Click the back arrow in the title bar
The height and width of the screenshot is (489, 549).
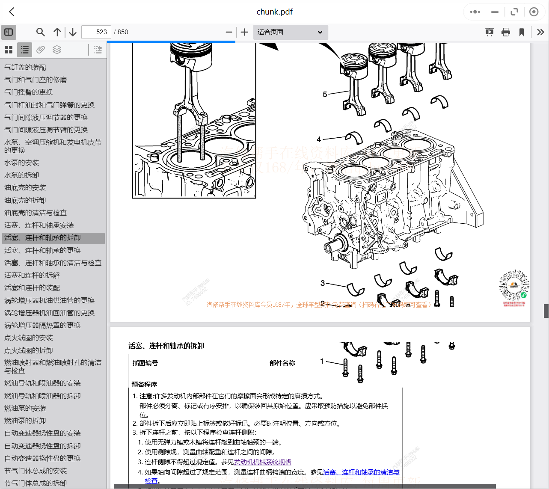[x=12, y=12]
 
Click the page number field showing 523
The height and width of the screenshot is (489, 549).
[x=96, y=32]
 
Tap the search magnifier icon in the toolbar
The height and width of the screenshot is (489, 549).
[x=40, y=32]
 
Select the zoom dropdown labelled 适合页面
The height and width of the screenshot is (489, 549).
[x=290, y=32]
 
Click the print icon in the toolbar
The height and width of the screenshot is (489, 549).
[x=506, y=32]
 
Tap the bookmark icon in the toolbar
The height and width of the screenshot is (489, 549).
[x=522, y=32]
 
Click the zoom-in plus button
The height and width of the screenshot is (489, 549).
[x=244, y=32]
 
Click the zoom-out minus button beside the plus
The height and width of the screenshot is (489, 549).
[x=229, y=32]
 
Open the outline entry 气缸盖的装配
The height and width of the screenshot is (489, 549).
[x=25, y=67]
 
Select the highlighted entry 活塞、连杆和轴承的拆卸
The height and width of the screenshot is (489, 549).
[x=42, y=238]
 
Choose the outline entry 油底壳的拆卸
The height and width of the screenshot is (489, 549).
[x=25, y=200]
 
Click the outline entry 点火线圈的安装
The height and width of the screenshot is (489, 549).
[x=29, y=338]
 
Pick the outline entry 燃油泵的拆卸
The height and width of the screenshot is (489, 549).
[x=25, y=421]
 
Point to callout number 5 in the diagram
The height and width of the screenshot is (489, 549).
[x=325, y=94]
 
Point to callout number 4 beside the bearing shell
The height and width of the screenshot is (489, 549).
[x=319, y=139]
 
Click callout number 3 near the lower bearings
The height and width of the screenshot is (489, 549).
[x=323, y=283]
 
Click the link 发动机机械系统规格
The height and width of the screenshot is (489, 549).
[x=262, y=462]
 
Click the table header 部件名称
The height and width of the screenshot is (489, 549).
[x=282, y=363]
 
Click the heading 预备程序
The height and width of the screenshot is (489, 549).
[x=144, y=385]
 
